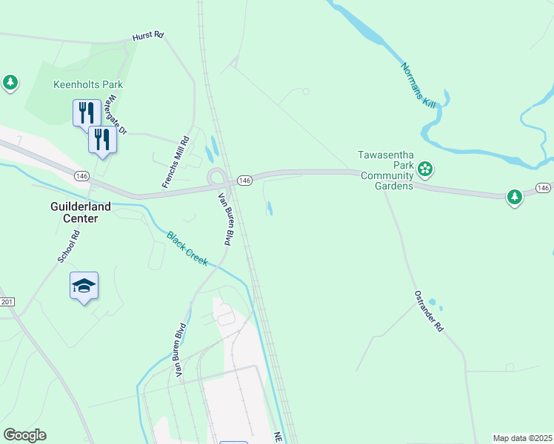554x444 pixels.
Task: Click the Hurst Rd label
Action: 147,36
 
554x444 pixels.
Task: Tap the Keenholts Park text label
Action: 88,84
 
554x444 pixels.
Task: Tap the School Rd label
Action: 68,246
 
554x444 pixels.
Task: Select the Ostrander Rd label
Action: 428,310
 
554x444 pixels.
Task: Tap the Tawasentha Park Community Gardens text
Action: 385,170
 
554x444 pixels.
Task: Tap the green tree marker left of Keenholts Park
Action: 10,82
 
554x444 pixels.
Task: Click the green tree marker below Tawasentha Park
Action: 515,197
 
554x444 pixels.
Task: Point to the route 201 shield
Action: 7,302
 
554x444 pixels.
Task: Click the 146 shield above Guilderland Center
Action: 81,175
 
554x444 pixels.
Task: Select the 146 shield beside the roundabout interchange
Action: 245,181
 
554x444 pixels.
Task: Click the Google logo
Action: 24,435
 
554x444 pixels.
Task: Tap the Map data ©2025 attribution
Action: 522,438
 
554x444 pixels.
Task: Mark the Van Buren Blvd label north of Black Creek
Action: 224,219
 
